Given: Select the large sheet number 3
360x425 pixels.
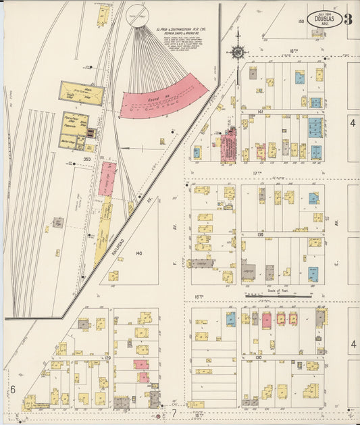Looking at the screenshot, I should pyautogui.click(x=348, y=18).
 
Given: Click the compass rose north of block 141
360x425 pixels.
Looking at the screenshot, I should pyautogui.click(x=238, y=51).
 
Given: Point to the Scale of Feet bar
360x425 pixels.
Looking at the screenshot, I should pyautogui.click(x=278, y=295).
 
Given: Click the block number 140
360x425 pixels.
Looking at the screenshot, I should pyautogui.click(x=139, y=253).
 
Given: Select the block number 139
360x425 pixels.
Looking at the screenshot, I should pyautogui.click(x=260, y=234).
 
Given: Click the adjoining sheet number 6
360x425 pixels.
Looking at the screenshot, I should pyautogui.click(x=12, y=389).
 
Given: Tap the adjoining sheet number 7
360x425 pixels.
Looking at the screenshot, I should pyautogui.click(x=173, y=412).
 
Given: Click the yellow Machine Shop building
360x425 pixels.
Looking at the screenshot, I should pyautogui.click(x=82, y=93).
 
